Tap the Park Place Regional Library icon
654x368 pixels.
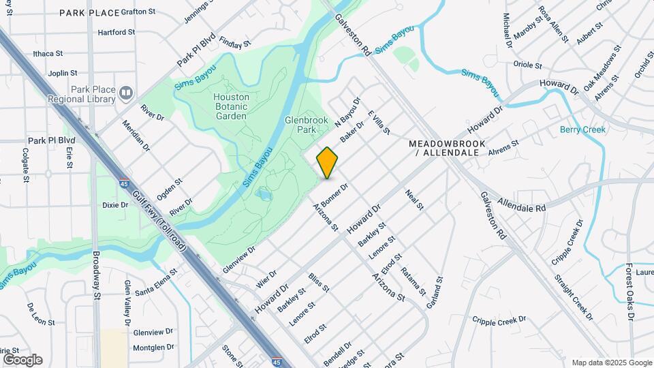pos(125,93)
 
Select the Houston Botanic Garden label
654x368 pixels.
pos(231,106)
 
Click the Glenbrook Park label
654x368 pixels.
pos(301,125)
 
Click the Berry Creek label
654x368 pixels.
pos(582,129)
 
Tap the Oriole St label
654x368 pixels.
pos(527,65)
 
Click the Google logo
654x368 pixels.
pos(22,359)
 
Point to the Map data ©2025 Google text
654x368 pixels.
pos(611,363)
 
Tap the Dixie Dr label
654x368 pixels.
pos(115,205)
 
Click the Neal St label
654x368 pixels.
pos(414,200)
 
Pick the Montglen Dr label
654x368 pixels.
pos(154,347)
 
